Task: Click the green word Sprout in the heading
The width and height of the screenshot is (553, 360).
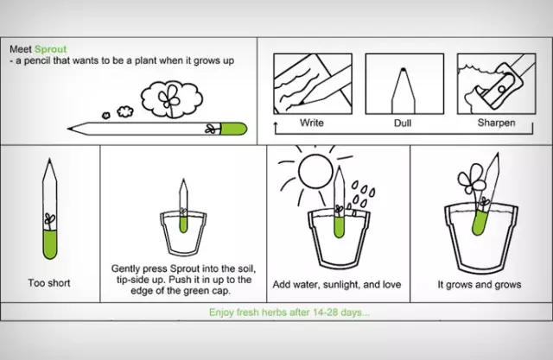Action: point(51,49)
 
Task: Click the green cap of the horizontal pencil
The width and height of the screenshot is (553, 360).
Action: point(234,129)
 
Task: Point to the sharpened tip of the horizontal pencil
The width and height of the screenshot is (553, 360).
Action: point(70,129)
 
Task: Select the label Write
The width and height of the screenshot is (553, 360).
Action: point(312,123)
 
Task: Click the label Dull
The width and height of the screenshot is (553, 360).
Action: point(403,123)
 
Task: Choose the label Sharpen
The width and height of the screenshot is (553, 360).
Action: point(496,123)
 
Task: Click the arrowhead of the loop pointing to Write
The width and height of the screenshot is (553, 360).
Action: point(276,124)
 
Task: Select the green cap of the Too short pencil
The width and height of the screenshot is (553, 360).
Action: point(50,244)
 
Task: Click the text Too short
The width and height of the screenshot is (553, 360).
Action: point(49,283)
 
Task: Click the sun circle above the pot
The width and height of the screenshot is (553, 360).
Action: point(315,171)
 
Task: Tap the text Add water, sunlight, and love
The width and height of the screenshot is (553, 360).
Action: point(337,284)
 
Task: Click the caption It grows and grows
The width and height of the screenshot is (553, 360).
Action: point(480,284)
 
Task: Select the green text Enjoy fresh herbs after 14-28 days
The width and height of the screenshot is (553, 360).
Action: point(289,313)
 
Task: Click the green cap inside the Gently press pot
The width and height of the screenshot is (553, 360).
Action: point(183,224)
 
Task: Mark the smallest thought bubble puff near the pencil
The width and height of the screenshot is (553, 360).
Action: point(105,115)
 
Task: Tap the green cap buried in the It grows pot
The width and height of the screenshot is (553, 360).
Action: point(480,222)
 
